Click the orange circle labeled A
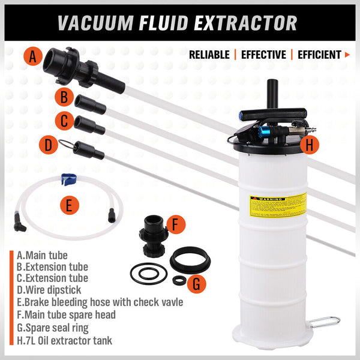pyautogui.click(x=33, y=57)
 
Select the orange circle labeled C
pyautogui.click(x=64, y=121)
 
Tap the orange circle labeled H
pyautogui.click(x=310, y=144)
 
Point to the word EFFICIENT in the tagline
pyautogui.click(x=319, y=55)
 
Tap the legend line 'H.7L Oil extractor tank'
pyautogui.click(x=64, y=340)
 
